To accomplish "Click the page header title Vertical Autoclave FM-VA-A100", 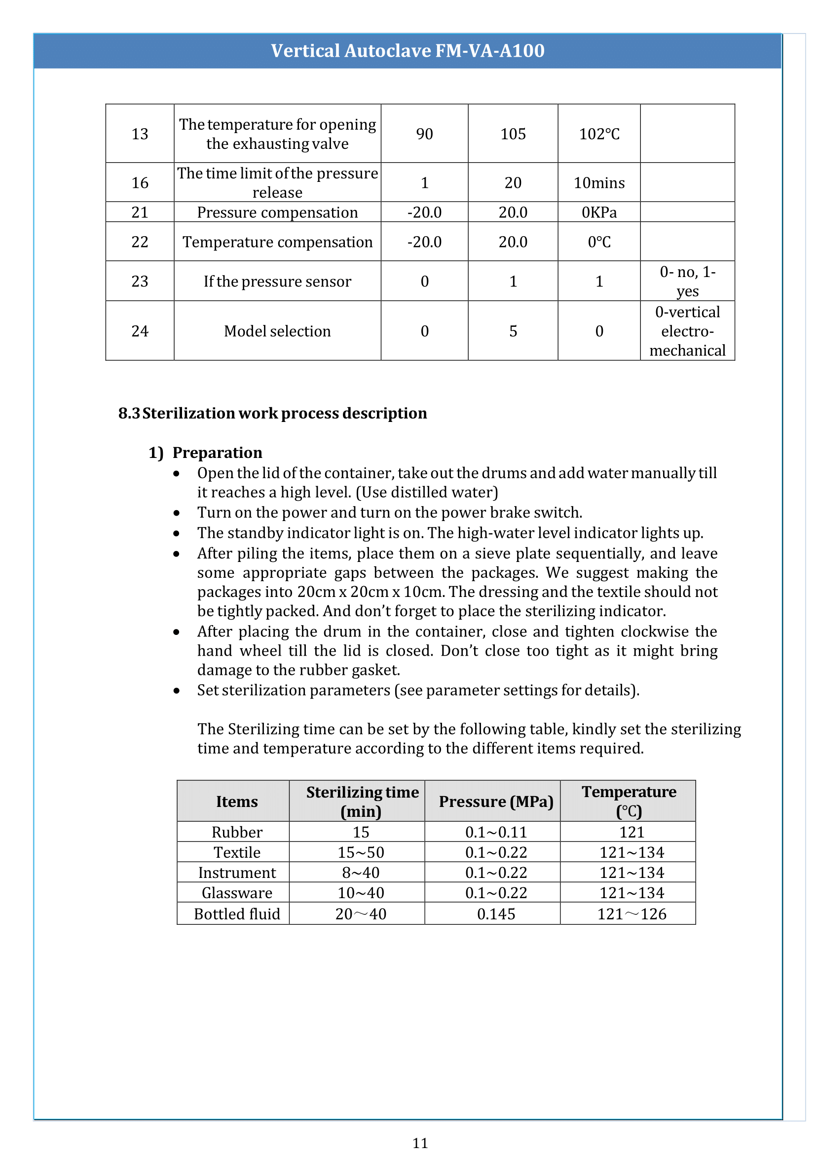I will [x=408, y=51].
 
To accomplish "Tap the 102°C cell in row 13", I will [x=599, y=134].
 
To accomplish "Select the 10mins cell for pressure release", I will [x=599, y=183].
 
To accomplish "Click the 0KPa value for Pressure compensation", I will [x=599, y=212].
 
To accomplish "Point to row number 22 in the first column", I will [x=140, y=242].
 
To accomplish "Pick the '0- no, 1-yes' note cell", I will [x=687, y=281].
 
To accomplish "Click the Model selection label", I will [x=277, y=331].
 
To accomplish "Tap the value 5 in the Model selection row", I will [x=513, y=331].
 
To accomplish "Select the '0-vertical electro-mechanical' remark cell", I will [x=687, y=331].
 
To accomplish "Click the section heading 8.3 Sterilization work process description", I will [x=272, y=413].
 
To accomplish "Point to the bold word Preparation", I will [x=217, y=453].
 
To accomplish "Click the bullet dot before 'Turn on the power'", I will [x=176, y=513].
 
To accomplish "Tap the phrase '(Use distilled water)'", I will [x=427, y=492].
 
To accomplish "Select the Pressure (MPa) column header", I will [x=496, y=802].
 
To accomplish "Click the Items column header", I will [x=237, y=802].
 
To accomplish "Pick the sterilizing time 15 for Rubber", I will [x=361, y=832].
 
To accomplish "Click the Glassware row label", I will [x=237, y=893].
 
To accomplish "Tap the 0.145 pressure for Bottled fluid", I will [x=496, y=914].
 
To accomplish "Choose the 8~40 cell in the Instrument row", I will [x=361, y=873].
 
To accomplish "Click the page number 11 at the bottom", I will [x=420, y=1143].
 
